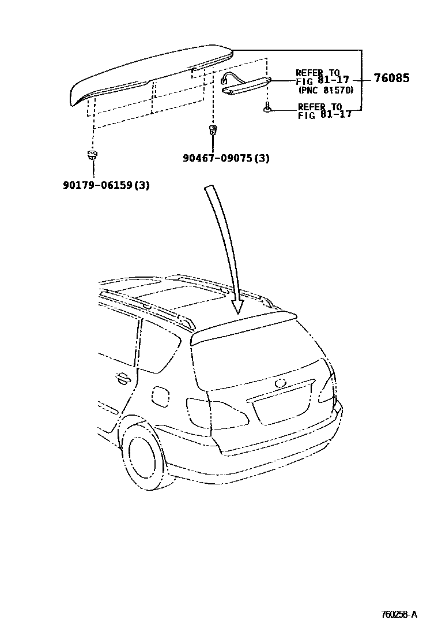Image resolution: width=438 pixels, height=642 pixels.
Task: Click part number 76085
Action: (x=391, y=79)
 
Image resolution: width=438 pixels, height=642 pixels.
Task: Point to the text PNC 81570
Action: (x=326, y=90)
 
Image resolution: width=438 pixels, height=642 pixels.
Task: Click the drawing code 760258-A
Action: (x=398, y=614)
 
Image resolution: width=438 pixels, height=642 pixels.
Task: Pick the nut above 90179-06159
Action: (x=92, y=155)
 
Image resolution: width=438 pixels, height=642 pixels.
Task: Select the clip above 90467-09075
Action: (x=213, y=129)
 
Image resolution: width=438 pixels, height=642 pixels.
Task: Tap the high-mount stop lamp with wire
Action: (x=245, y=84)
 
